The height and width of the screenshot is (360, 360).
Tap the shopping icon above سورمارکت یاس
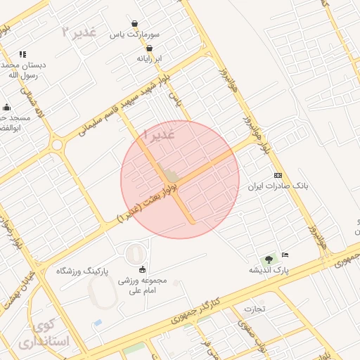pos(134,23)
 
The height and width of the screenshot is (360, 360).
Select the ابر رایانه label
pos(149,58)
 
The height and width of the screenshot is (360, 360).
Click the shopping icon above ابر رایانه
pos(149,48)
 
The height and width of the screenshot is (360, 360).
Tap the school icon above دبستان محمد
pos(22,54)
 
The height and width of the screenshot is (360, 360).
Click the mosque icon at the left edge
pos(7,107)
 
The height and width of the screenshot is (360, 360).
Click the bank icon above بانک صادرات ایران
pos(278,175)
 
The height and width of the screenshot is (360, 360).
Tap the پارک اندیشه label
pos(269,269)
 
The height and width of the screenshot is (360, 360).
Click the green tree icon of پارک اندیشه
pos(269,259)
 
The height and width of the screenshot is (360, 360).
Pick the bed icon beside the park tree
pos(285,254)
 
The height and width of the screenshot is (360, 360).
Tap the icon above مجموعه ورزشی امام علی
pos(143,269)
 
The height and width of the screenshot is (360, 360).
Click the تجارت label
pos(255,308)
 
